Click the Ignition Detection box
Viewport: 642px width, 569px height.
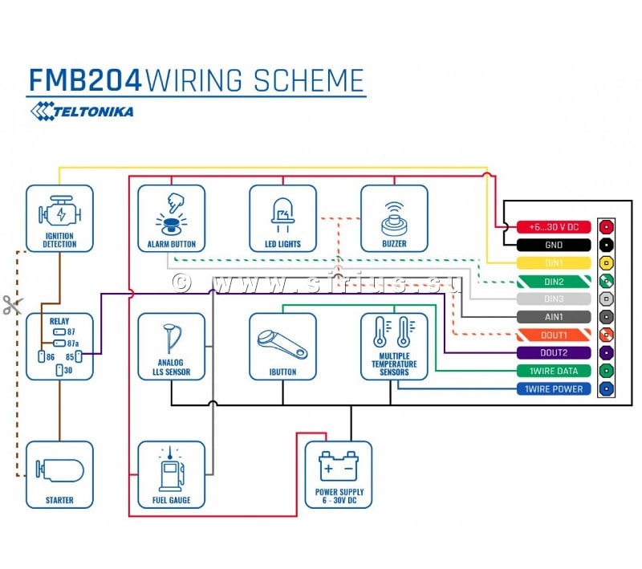(x=59, y=218)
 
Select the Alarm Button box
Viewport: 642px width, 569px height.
(x=171, y=218)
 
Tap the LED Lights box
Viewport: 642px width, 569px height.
(x=282, y=218)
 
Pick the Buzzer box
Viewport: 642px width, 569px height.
(x=394, y=218)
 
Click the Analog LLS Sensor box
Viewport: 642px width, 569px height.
(x=171, y=346)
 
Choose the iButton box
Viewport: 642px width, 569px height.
(x=282, y=346)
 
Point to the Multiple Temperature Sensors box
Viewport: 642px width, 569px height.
(x=394, y=346)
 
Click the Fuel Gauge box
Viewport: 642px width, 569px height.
(x=171, y=474)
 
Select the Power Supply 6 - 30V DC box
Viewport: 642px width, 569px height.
(x=339, y=474)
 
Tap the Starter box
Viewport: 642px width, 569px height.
(x=59, y=474)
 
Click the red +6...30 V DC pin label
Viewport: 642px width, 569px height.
(x=554, y=227)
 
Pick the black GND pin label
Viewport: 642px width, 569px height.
(x=554, y=245)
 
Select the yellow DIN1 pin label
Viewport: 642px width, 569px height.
(x=554, y=263)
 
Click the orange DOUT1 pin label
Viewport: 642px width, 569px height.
(x=554, y=335)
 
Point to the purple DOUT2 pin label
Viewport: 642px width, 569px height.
(x=554, y=352)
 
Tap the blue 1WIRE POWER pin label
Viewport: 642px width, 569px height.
(x=554, y=388)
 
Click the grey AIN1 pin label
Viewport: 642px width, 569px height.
(x=554, y=317)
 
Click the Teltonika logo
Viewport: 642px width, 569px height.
(x=82, y=112)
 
